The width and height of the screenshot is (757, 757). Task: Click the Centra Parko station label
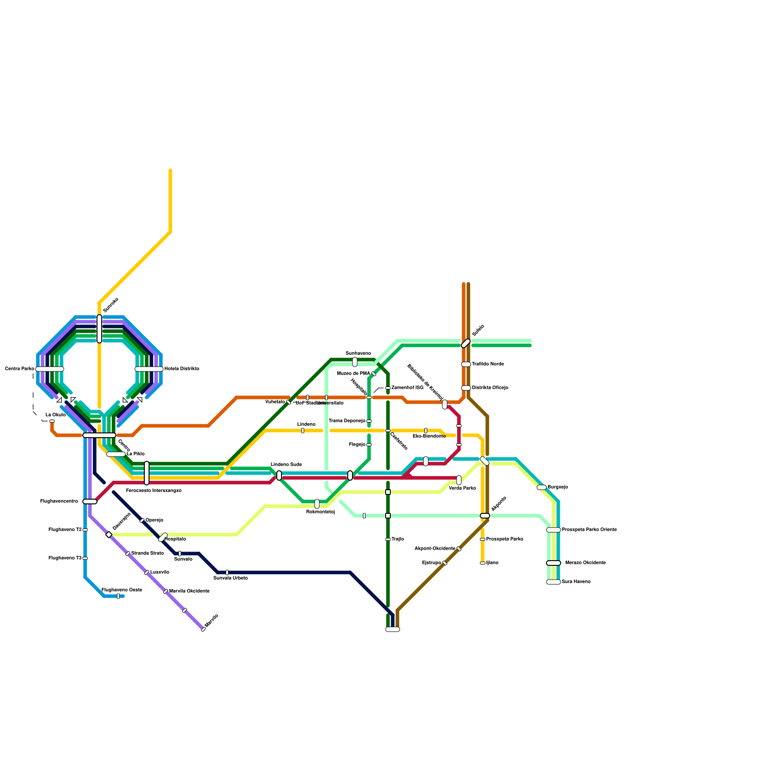(19, 369)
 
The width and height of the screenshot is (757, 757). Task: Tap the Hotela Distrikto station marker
(149, 369)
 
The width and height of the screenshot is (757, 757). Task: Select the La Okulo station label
(55, 415)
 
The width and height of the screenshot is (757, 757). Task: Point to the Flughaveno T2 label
(65, 530)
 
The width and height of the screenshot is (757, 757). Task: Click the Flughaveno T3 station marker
(85, 558)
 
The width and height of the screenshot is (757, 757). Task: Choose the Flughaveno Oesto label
(122, 590)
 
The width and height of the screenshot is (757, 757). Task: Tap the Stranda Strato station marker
(128, 554)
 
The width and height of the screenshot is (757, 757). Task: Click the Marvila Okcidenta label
(189, 591)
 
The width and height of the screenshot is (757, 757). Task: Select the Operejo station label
(154, 520)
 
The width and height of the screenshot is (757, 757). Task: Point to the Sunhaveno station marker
(355, 362)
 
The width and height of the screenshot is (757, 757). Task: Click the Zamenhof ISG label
(407, 388)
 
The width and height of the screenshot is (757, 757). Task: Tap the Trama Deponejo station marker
(369, 421)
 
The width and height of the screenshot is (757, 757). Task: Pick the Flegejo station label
(357, 445)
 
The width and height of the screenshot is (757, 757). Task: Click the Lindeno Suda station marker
(279, 475)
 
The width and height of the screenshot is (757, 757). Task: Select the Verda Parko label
(462, 488)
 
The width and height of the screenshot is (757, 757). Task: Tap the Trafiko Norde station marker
(466, 364)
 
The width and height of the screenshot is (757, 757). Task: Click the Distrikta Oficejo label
(490, 388)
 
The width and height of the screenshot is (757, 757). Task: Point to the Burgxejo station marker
(542, 487)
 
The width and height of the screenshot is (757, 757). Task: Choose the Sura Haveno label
(576, 582)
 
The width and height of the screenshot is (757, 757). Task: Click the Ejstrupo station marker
(445, 563)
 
